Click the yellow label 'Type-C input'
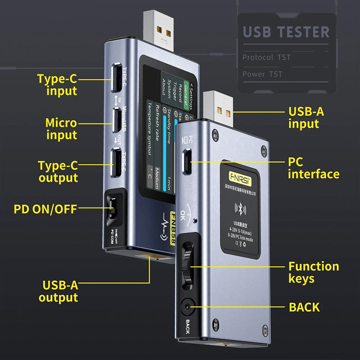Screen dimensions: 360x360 click(57, 84)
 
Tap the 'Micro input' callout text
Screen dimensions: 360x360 click(61, 129)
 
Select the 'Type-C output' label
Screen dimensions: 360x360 click(58, 171)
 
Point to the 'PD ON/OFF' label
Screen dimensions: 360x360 click(45, 209)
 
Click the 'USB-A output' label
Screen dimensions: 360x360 click(59, 291)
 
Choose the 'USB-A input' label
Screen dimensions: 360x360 click(306, 117)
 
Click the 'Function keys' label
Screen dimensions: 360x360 click(313, 272)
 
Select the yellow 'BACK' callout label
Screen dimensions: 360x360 click(304, 307)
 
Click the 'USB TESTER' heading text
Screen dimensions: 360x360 click(286, 32)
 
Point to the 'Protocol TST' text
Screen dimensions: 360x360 click(266, 57)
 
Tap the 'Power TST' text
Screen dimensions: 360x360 click(262, 74)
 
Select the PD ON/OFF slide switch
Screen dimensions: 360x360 click(112, 209)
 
